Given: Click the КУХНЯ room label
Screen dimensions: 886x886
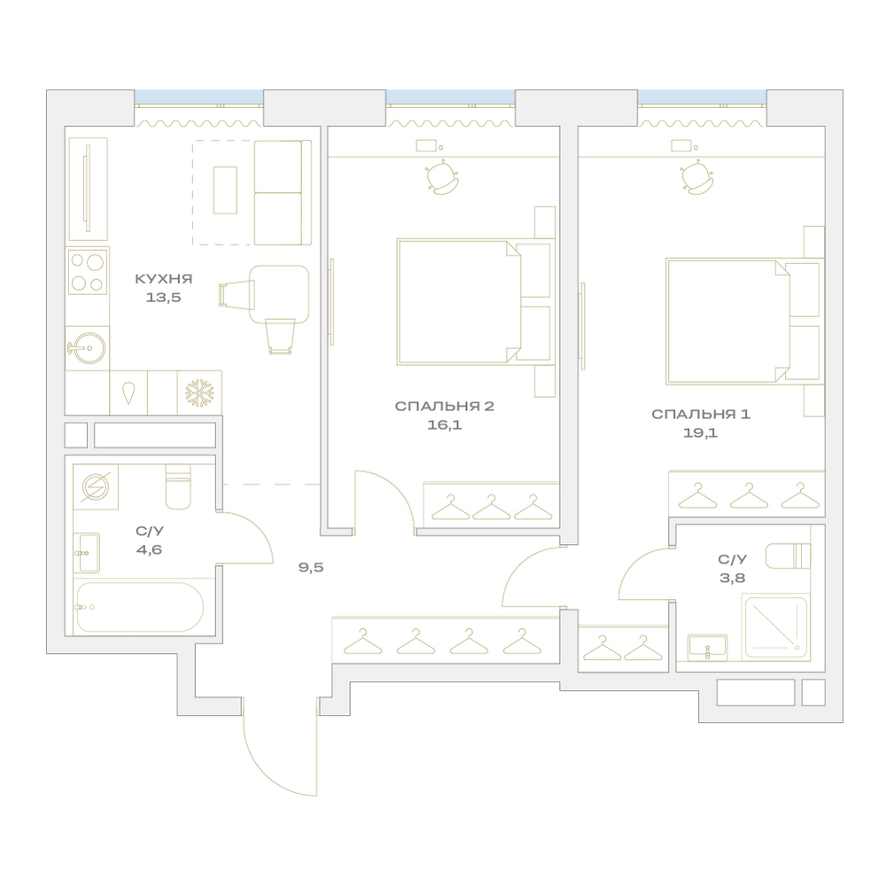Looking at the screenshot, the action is pos(163,278).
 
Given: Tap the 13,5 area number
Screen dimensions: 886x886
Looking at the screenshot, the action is pos(163,297).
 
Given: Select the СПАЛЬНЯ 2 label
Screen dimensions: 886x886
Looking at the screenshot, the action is pos(444,407).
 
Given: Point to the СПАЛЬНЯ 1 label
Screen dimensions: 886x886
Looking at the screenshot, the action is pos(701,414).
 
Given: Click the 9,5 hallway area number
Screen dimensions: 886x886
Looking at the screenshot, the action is pos(311,567).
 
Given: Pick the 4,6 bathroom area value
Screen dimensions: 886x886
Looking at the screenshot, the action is pos(149,549).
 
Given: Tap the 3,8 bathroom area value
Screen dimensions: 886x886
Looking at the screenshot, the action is pos(733,578).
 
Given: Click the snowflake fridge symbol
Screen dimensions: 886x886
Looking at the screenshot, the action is pos(199,392).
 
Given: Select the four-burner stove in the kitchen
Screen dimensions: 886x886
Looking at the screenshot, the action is pos(88,271).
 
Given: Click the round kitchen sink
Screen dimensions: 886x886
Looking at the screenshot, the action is pos(88,347).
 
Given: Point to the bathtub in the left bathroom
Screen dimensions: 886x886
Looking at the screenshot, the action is pos(139,607).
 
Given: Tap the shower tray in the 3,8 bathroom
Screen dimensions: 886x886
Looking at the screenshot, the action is pos(775,626).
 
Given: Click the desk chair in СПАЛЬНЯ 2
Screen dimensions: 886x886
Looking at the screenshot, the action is pos(442,177).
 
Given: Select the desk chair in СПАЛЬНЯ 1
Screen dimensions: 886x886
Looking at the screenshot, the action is pos(697,177).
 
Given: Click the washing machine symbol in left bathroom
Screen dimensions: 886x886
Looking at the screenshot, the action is pos(96,487).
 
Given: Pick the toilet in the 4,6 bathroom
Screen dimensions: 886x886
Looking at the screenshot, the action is pos(178,486).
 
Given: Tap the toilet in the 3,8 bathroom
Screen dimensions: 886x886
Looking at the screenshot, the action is pos(789,556).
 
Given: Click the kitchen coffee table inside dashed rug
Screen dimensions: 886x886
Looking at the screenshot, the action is pos(225,190).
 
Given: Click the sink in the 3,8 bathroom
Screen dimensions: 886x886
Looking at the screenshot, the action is pos(707,647).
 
